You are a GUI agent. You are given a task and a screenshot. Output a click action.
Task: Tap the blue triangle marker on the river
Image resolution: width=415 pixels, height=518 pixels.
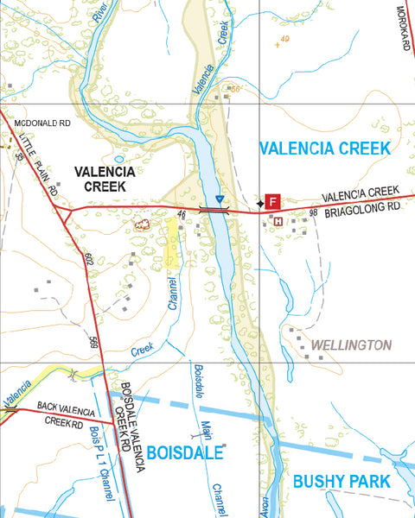[x=221, y=199]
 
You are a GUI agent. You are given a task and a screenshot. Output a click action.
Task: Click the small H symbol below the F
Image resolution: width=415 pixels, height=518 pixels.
[x=278, y=222]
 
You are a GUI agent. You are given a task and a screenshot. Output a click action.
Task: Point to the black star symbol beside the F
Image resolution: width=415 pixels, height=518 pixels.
[x=260, y=203]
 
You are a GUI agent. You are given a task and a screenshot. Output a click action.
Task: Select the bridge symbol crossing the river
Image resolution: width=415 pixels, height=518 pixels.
[x=213, y=208]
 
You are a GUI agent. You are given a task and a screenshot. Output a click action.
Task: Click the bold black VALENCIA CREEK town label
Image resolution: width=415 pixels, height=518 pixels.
[x=104, y=178]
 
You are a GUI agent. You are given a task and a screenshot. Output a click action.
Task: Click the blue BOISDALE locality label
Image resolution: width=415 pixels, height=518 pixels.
[x=185, y=452]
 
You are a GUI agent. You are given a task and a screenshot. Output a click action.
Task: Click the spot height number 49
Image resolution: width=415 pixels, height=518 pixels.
[x=284, y=39]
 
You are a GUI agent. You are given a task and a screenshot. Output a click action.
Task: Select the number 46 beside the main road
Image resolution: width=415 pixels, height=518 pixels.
[x=182, y=213]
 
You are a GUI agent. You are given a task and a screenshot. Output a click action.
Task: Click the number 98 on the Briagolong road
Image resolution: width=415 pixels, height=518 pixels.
[x=314, y=212]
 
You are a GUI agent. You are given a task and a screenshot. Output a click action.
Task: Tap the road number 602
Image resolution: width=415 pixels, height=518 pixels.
[x=87, y=259]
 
